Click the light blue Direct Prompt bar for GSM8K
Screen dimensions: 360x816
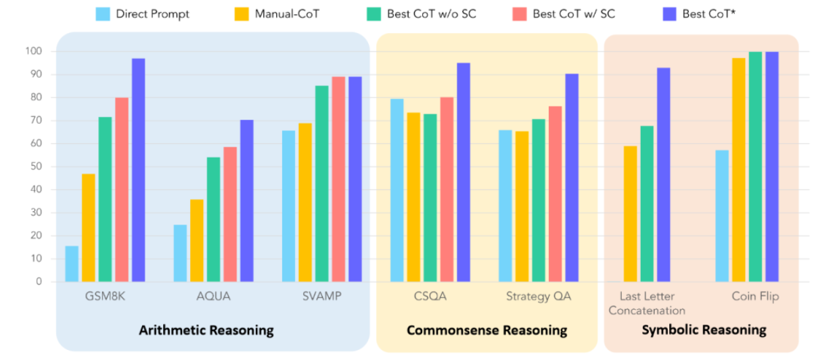tap(72, 264)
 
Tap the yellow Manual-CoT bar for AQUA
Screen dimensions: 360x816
tap(196, 241)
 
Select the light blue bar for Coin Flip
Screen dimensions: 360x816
tap(722, 216)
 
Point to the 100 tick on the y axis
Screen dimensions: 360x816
tap(33, 51)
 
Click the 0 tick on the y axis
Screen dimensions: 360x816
tap(39, 282)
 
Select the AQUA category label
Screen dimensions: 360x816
tap(213, 296)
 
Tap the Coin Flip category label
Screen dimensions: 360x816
tap(755, 296)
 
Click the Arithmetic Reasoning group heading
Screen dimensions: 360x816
tap(206, 330)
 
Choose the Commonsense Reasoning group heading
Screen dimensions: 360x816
tap(486, 330)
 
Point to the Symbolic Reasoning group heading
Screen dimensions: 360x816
tap(704, 330)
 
